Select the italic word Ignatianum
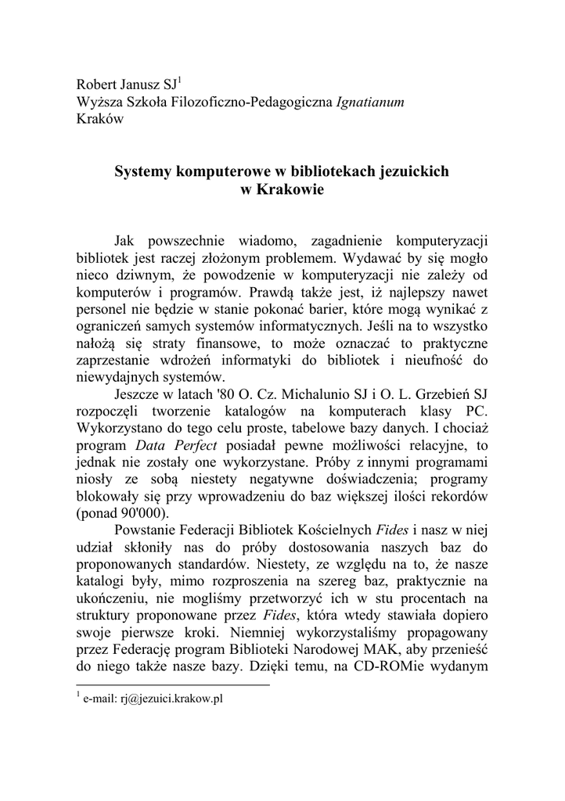coord(369,102)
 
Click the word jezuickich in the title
coord(412,170)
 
